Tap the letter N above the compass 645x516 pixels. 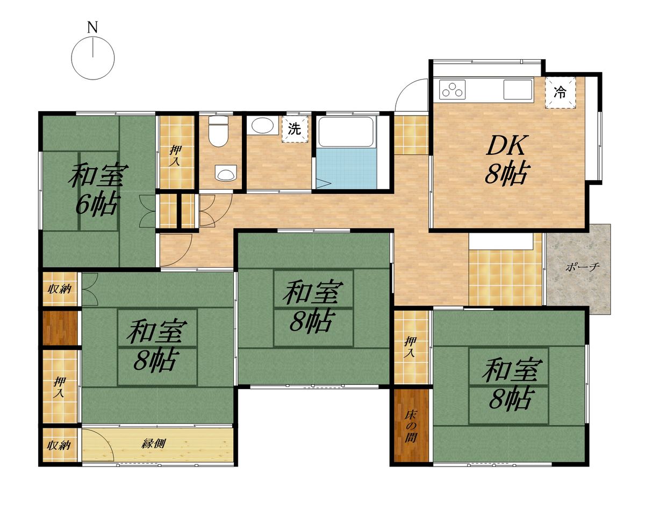point(92,28)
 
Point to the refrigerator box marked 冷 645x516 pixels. point(560,92)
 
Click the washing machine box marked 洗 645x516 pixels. point(295,129)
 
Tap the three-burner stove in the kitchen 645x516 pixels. point(452,89)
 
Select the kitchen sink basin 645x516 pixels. point(518,89)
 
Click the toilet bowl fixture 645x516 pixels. point(219,131)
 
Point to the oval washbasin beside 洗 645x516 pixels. point(263,126)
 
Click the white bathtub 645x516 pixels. point(346,132)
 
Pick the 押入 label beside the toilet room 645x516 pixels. point(175,155)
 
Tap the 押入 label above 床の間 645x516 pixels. point(410,347)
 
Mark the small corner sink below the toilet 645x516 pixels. point(226,173)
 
